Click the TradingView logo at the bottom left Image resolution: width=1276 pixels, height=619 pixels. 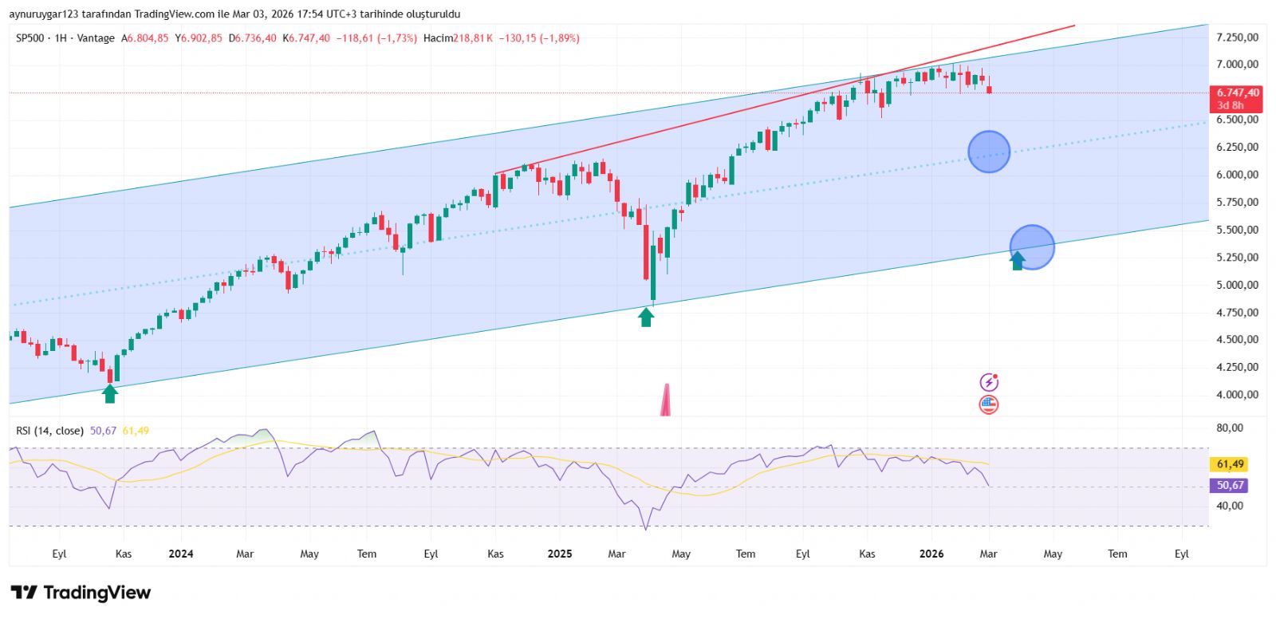tap(81, 593)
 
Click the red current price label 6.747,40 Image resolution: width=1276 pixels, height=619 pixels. tap(1237, 93)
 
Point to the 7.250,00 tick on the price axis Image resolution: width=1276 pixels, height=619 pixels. tap(1237, 37)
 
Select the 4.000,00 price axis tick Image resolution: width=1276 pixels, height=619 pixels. tap(1237, 395)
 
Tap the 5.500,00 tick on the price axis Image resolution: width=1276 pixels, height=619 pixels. tap(1237, 230)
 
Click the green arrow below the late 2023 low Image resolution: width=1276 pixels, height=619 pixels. tap(110, 392)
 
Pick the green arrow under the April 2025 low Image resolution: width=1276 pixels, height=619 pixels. tap(646, 317)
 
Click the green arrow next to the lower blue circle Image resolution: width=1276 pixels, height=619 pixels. tap(1018, 260)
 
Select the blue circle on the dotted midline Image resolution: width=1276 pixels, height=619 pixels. tap(989, 152)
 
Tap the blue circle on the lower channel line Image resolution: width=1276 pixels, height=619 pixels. tap(1032, 246)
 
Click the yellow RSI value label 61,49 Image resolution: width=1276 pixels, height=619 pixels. tap(1230, 464)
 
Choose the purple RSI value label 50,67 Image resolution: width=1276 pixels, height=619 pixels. tap(1230, 485)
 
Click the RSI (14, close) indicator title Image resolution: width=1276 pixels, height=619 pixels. tap(49, 431)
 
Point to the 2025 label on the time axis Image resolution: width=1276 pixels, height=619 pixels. tap(560, 554)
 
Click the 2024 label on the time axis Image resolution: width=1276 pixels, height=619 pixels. tap(181, 554)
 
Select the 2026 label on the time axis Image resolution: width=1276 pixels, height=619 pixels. tap(931, 554)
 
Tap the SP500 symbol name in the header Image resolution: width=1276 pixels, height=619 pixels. tap(30, 38)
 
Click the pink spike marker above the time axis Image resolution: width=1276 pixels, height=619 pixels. tap(666, 401)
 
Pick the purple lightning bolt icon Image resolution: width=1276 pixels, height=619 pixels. tap(989, 382)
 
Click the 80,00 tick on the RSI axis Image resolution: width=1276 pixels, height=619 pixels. tap(1230, 428)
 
